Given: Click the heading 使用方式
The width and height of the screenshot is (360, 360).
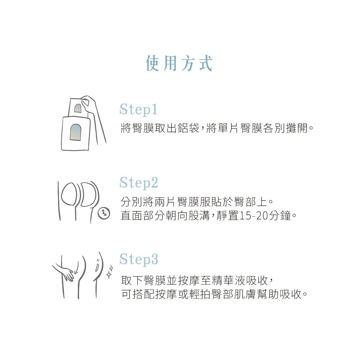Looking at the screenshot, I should (x=179, y=64).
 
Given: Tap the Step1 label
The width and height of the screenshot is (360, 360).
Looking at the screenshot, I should (x=139, y=109).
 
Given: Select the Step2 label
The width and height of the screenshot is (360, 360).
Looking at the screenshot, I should (x=139, y=183).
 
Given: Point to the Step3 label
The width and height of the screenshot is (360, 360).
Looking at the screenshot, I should (x=139, y=259).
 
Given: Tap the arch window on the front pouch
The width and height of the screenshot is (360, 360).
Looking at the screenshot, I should (x=76, y=132).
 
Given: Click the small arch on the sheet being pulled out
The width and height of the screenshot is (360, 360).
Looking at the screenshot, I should (x=78, y=108).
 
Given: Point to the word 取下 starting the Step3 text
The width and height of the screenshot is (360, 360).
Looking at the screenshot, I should (x=129, y=280).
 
